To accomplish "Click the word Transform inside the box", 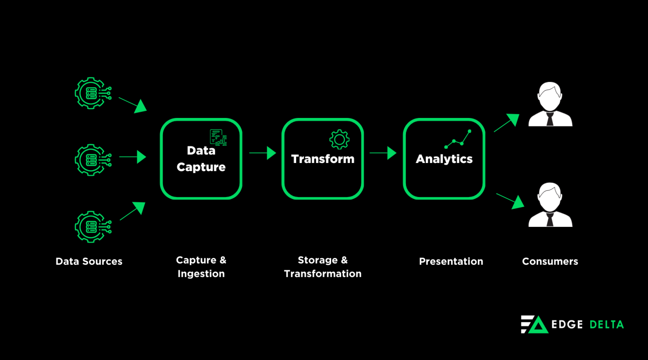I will coord(322,159).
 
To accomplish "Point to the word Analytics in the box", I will coord(444,159).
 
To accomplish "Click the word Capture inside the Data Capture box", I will coord(201,167).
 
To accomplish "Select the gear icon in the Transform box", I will coord(339,139).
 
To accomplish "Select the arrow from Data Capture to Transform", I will coord(262,152).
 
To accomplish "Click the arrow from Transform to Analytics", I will coord(383,152).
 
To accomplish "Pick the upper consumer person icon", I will coord(550,105).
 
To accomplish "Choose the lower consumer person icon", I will coord(550,205).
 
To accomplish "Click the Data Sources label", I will coord(89,262).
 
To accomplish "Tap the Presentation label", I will coord(451,262).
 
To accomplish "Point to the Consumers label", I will coord(550,262).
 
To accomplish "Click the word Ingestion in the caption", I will coord(201,274).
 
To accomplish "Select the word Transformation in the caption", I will coord(322,274).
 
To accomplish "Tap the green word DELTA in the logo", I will coord(606,325).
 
